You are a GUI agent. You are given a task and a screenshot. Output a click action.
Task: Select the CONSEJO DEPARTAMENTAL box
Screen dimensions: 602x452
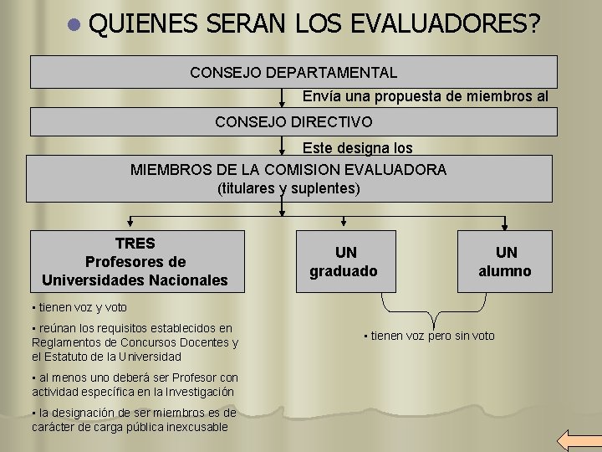pyautogui.click(x=293, y=72)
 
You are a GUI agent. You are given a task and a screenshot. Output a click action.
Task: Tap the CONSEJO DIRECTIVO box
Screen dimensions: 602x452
pyautogui.click(x=293, y=122)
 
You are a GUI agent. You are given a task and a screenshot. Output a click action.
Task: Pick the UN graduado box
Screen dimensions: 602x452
pyautogui.click(x=344, y=261)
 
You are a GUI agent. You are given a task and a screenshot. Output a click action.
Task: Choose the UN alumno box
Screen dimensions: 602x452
pyautogui.click(x=504, y=261)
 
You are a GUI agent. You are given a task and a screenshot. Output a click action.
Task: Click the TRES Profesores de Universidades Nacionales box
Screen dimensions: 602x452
pyautogui.click(x=135, y=261)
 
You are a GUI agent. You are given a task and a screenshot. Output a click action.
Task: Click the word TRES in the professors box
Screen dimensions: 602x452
pyautogui.click(x=135, y=244)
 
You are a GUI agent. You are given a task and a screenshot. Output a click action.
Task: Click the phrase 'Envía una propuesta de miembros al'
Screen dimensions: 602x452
pyautogui.click(x=425, y=96)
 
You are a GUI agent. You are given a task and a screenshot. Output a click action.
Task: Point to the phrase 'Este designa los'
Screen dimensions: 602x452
pyautogui.click(x=357, y=148)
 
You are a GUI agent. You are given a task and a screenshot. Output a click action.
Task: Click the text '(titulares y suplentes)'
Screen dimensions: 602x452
pyautogui.click(x=288, y=188)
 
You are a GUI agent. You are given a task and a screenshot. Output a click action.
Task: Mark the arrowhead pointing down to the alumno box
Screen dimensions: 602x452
pyautogui.click(x=504, y=223)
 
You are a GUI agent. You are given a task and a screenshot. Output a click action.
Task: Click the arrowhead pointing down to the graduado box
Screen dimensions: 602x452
pyautogui.click(x=344, y=223)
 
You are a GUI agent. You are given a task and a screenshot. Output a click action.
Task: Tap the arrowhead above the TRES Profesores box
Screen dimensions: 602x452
pyautogui.click(x=130, y=223)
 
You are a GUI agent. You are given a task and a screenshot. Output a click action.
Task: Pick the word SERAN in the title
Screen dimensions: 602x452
pyautogui.click(x=245, y=25)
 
